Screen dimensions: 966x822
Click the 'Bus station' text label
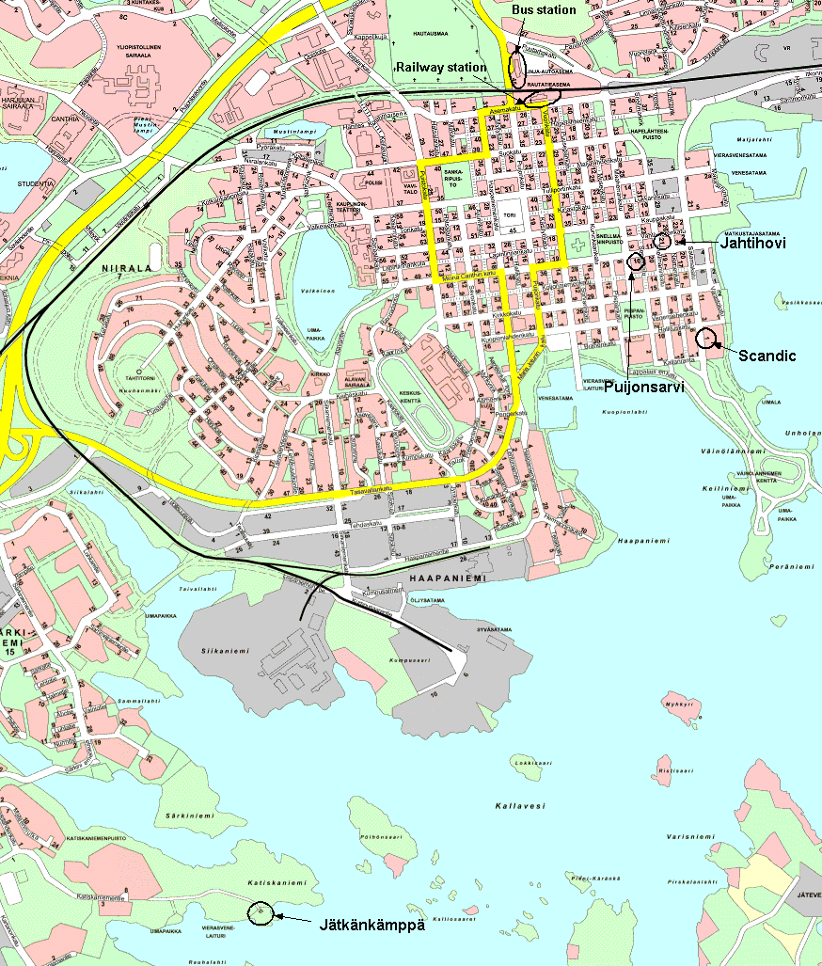click(x=545, y=9)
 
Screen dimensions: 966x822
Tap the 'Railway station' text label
click(x=442, y=68)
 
